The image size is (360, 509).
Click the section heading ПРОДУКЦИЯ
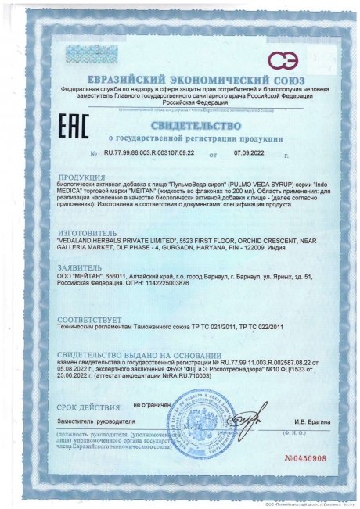[83, 177]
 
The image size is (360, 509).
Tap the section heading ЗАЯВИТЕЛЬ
[82, 267]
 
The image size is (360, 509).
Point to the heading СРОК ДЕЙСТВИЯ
[88, 406]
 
